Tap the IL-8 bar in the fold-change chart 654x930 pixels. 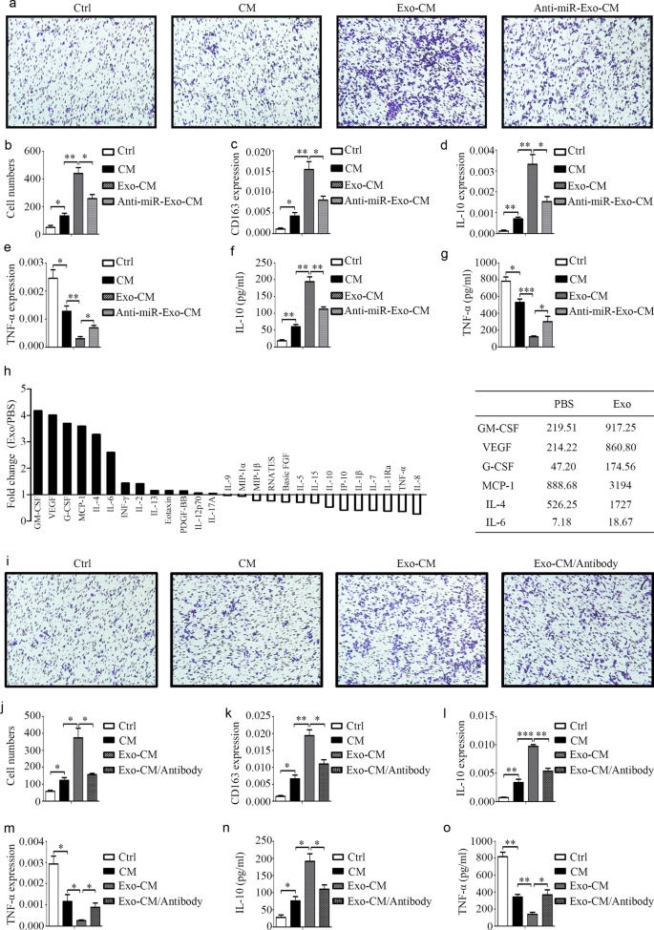[416, 504]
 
